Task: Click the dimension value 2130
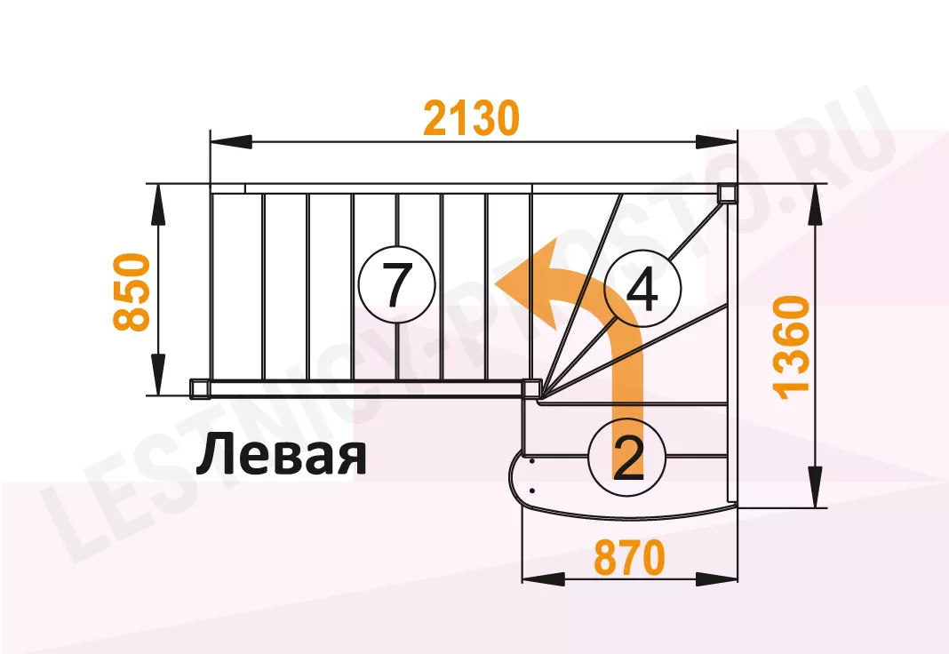pyautogui.click(x=470, y=118)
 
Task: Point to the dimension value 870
pyautogui.click(x=629, y=559)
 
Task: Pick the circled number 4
pyautogui.click(x=642, y=290)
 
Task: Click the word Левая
pyautogui.click(x=281, y=456)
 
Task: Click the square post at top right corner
pyautogui.click(x=727, y=193)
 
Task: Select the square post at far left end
pyautogui.click(x=200, y=387)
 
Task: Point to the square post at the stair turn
pyautogui.click(x=532, y=388)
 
